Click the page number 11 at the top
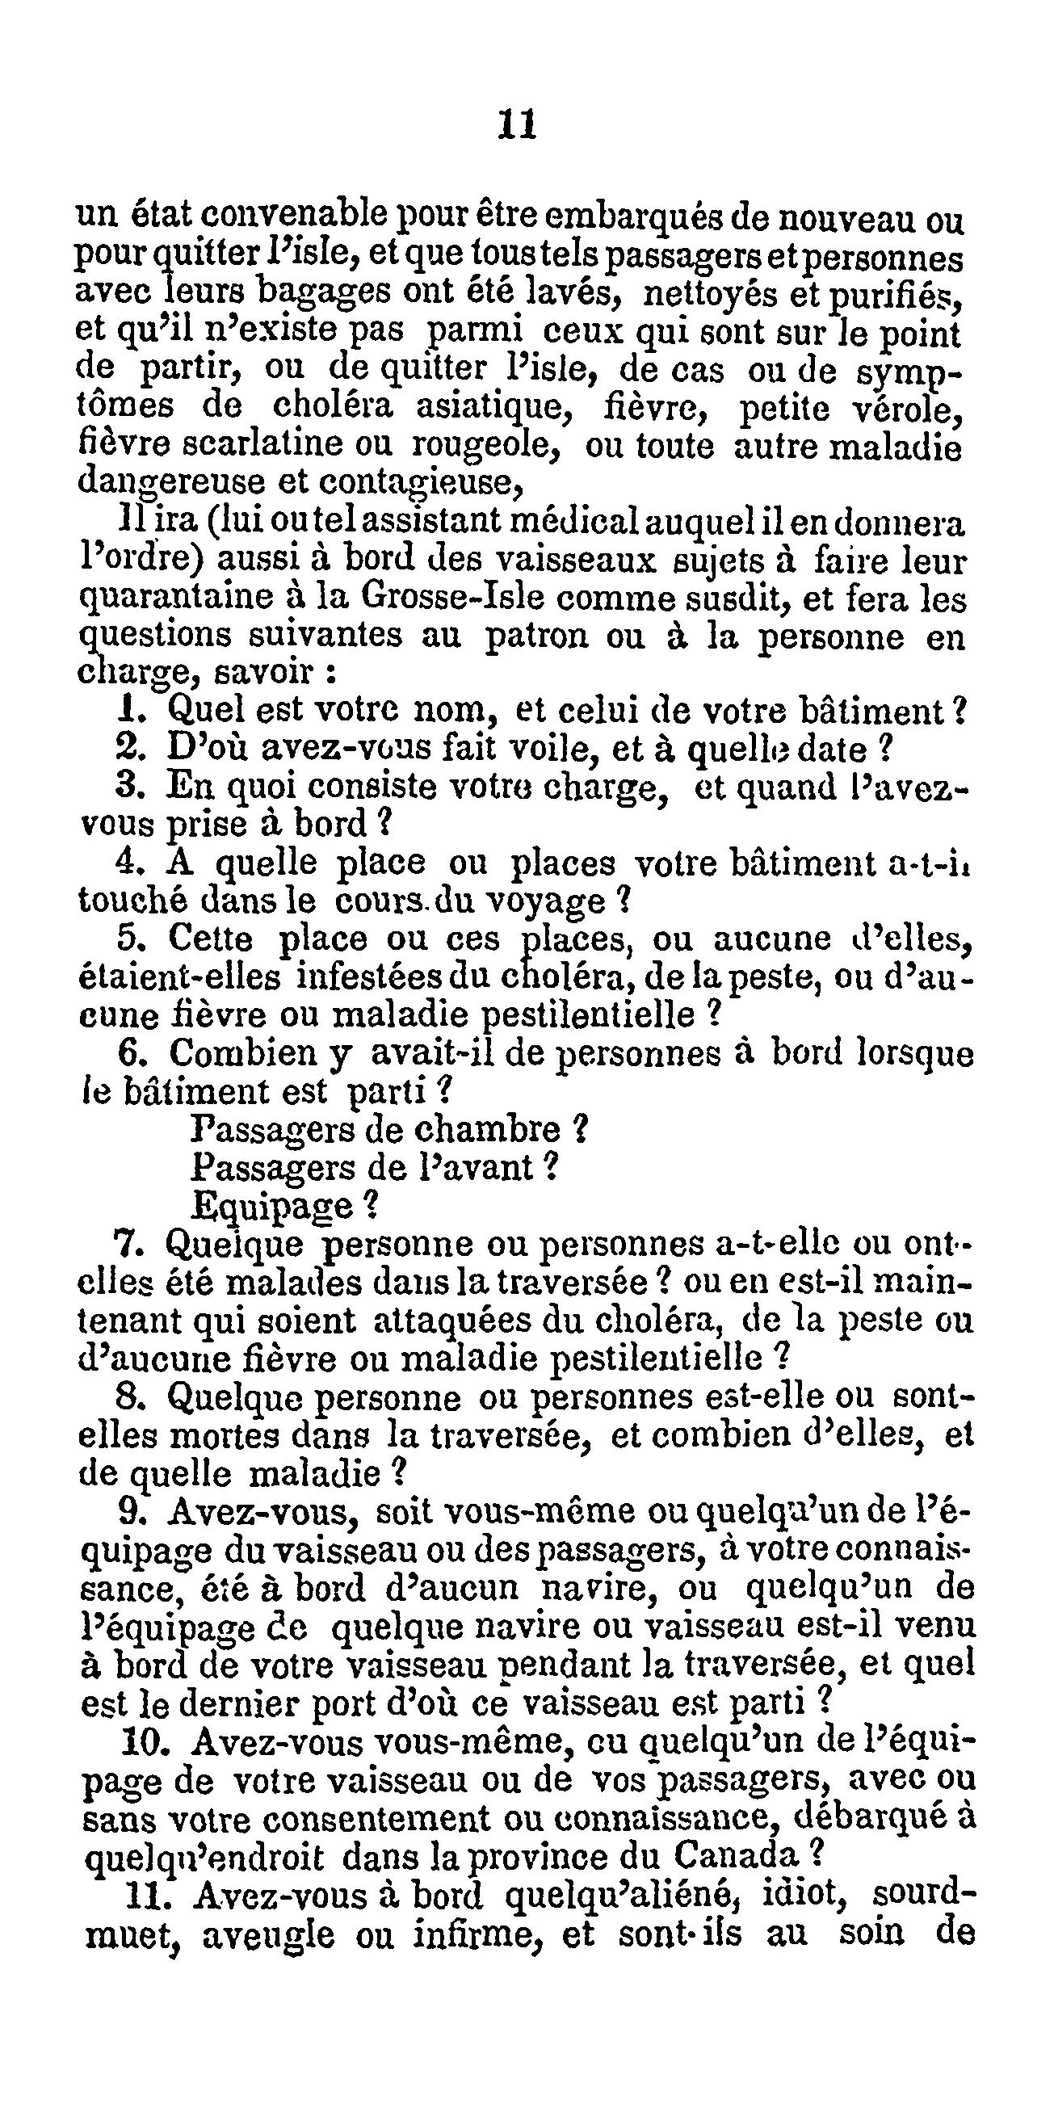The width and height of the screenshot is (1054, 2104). click(x=516, y=125)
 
